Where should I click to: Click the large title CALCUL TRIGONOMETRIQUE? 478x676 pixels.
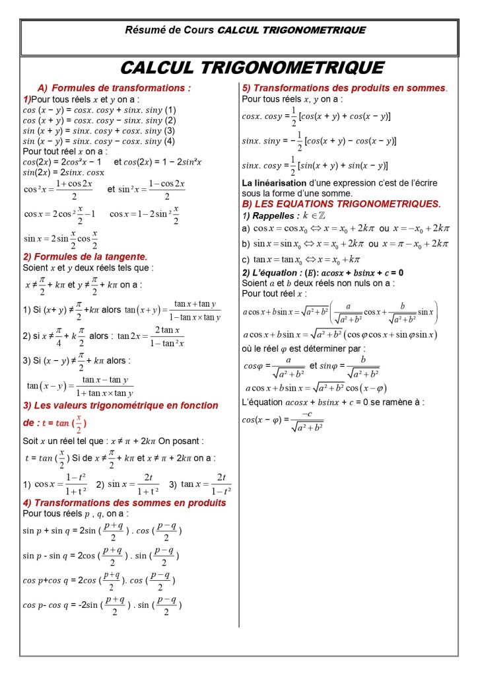[x=253, y=68]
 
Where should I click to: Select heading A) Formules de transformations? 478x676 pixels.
[x=114, y=88]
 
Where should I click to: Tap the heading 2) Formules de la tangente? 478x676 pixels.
[x=85, y=256]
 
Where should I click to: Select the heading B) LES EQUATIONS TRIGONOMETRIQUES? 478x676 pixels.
[x=341, y=204]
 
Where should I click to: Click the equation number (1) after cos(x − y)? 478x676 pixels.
[x=170, y=110]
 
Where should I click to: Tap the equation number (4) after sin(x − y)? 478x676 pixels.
[x=170, y=141]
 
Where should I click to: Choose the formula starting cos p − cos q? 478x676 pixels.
[x=102, y=605]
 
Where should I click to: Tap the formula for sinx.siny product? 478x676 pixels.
[x=319, y=141]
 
